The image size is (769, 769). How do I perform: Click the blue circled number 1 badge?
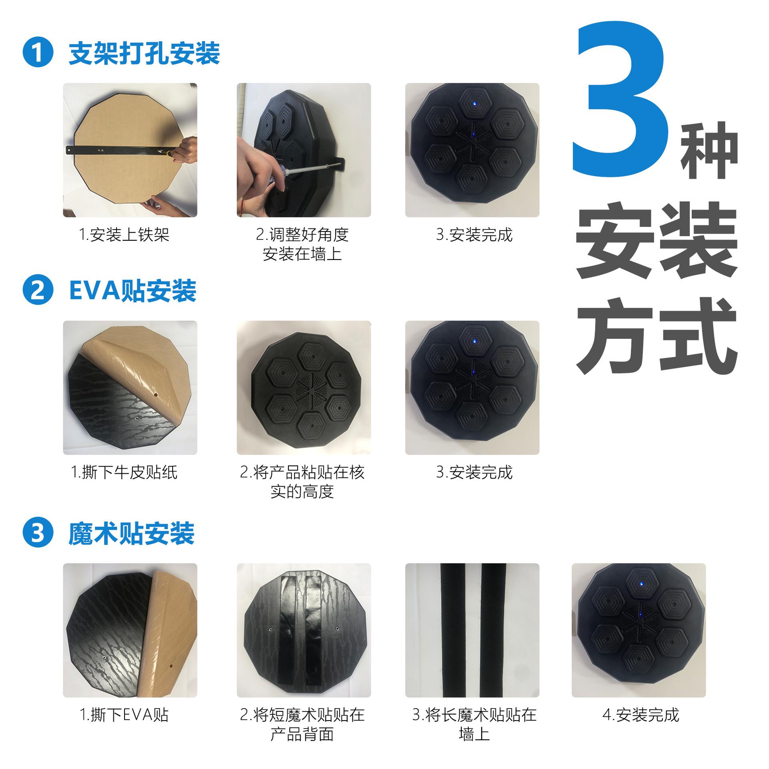[x=38, y=52]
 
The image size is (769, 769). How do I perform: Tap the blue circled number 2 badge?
[x=38, y=290]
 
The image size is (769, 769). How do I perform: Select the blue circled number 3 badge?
[x=38, y=533]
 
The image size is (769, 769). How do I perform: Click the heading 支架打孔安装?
[x=144, y=53]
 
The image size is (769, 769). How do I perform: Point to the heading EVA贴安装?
[x=133, y=291]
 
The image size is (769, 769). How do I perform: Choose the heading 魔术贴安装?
[x=131, y=533]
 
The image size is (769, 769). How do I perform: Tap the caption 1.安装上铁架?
[x=125, y=235]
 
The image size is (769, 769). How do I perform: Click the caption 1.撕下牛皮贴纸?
[x=124, y=473]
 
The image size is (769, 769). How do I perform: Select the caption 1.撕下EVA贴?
[x=124, y=715]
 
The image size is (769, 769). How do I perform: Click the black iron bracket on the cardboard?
[x=120, y=151]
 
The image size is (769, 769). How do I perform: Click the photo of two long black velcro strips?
[x=472, y=630]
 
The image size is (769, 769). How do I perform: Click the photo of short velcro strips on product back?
[x=304, y=630]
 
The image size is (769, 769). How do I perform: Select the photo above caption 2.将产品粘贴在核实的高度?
[x=304, y=388]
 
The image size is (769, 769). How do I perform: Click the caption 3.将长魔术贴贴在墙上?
[x=474, y=725]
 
